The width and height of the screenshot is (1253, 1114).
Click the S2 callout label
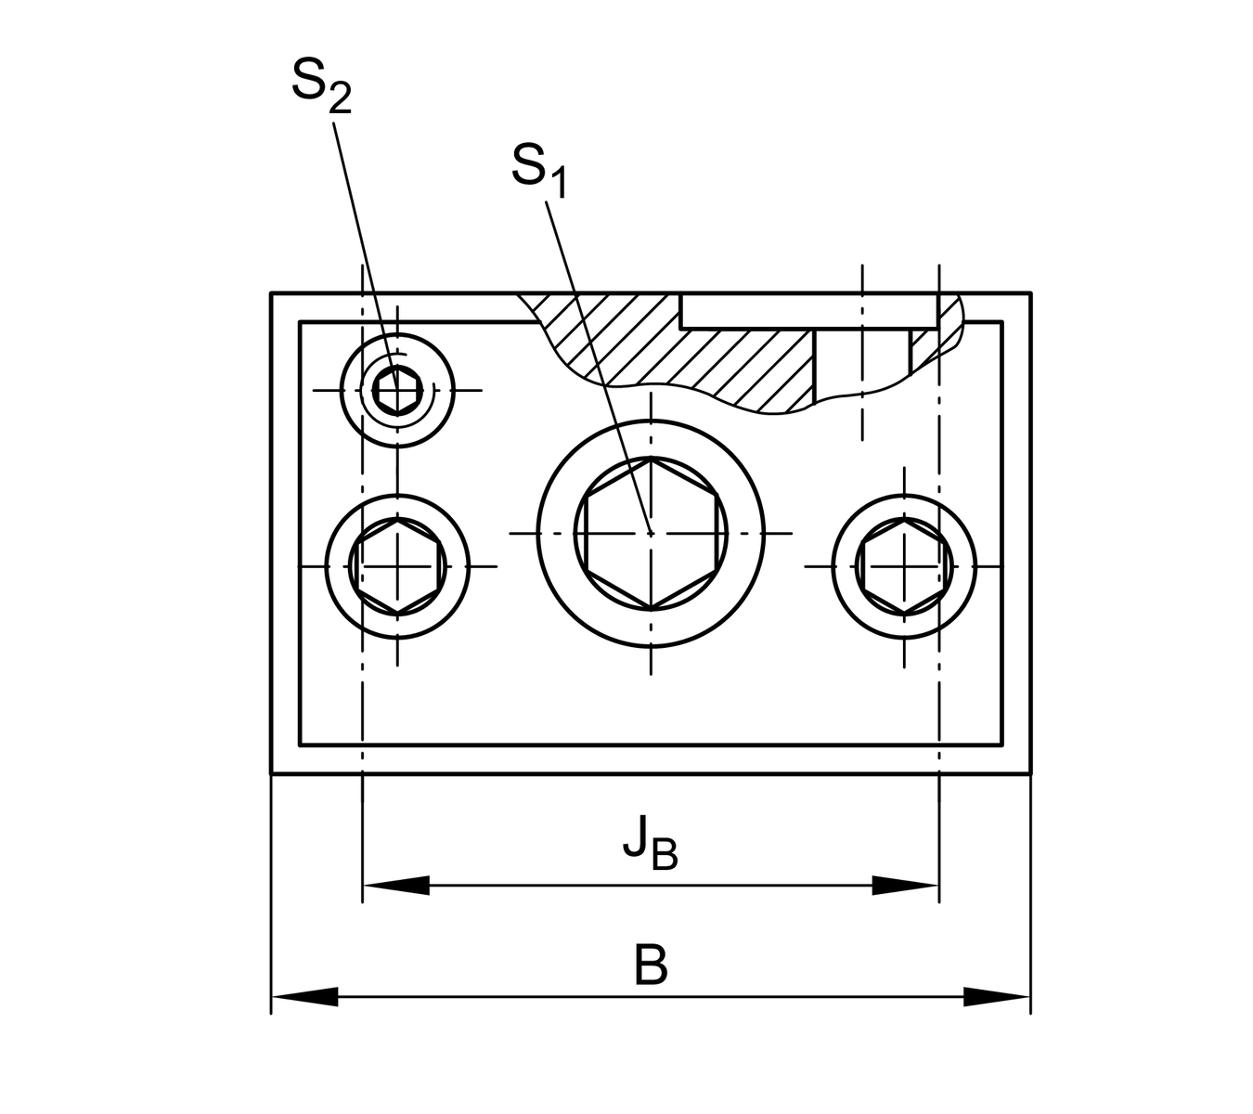tap(320, 85)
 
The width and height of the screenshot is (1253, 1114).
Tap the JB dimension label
tap(649, 846)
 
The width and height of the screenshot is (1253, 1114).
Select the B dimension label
tap(651, 965)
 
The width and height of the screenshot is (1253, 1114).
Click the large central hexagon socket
tap(651, 533)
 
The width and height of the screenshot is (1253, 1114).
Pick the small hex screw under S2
tap(399, 389)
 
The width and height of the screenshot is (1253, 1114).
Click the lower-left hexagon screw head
tap(398, 565)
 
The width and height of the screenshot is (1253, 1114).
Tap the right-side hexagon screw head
tap(904, 565)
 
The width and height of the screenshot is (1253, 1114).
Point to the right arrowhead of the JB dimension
tap(905, 886)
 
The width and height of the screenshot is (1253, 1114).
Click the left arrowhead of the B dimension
tap(304, 997)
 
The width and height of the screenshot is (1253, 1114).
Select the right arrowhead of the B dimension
tap(997, 997)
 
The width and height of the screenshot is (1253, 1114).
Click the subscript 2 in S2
tap(340, 100)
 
